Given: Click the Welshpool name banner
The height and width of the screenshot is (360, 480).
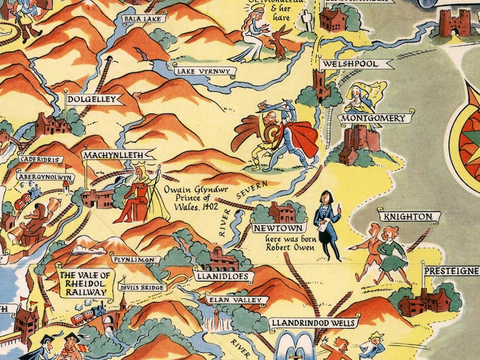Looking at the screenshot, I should pyautogui.click(x=351, y=63).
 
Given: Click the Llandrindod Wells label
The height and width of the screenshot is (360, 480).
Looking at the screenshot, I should pyautogui.click(x=313, y=323).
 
